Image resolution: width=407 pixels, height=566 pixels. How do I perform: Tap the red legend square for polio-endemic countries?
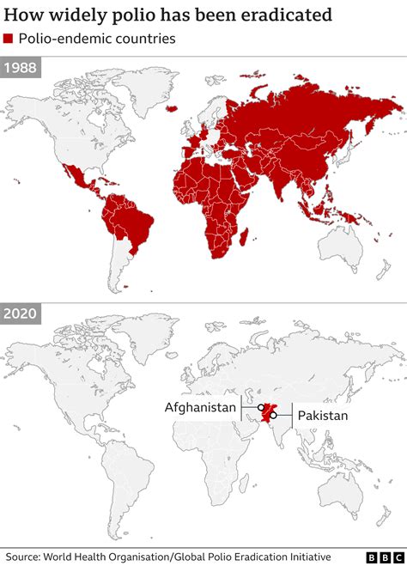click(x=8, y=40)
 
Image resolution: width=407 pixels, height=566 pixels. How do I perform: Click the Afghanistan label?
click(x=200, y=408)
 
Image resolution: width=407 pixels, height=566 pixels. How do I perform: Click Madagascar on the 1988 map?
click(x=246, y=236)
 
